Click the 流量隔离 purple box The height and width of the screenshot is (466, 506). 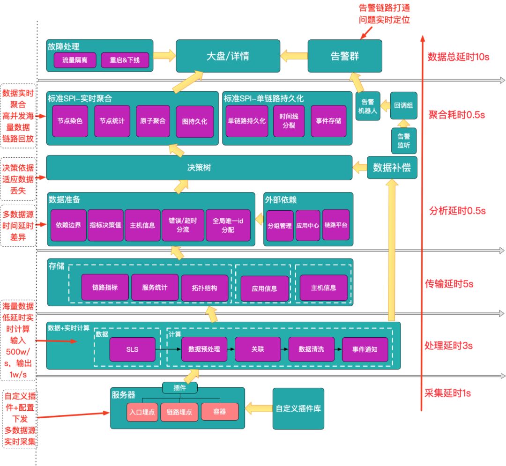click(x=75, y=60)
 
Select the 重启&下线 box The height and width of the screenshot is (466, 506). click(x=125, y=60)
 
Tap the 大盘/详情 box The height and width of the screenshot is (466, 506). click(x=228, y=56)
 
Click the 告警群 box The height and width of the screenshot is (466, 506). click(x=345, y=56)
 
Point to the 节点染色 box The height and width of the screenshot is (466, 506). click(x=70, y=121)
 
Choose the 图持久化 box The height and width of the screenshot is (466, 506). click(x=194, y=122)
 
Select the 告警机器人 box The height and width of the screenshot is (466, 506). click(x=367, y=106)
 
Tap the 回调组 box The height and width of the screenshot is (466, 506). click(x=403, y=106)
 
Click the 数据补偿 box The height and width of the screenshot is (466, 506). click(x=392, y=168)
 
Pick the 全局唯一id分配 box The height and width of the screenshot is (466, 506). click(x=228, y=225)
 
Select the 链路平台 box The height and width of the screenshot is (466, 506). click(x=336, y=225)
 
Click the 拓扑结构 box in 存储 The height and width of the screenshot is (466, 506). click(x=205, y=288)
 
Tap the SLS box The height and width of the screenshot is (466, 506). click(x=133, y=349)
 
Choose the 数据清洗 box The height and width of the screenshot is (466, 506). click(x=312, y=349)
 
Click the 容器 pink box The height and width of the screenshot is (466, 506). click(x=219, y=412)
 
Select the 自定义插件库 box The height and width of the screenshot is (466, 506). click(x=298, y=408)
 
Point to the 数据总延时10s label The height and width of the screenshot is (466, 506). click(x=458, y=57)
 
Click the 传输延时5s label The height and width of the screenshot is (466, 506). click(x=449, y=283)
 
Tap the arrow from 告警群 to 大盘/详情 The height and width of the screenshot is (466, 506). click(x=294, y=56)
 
